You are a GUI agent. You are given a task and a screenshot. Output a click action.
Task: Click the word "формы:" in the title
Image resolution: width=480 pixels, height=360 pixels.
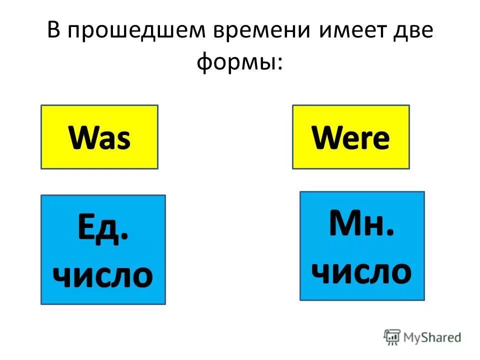coord(239,62)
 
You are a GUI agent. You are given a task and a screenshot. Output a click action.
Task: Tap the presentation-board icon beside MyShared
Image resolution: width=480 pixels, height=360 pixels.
coord(392,337)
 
